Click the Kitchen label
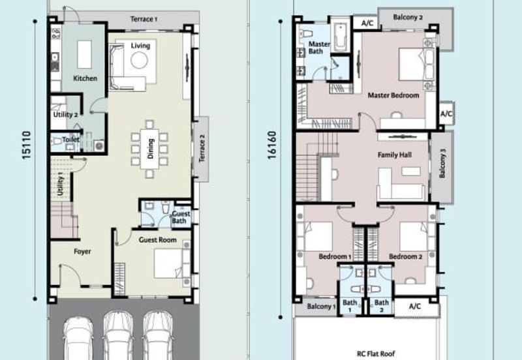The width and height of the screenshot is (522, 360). [x=85, y=78]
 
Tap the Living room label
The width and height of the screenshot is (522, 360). [x=140, y=46]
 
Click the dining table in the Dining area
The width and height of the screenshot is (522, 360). [x=149, y=148]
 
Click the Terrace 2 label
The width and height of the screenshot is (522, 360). [x=202, y=150]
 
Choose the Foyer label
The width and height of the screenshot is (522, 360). [x=82, y=251]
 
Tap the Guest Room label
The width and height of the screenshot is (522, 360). [x=158, y=240]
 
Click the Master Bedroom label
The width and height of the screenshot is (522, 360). [x=393, y=95]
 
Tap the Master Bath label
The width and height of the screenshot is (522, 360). [x=319, y=48]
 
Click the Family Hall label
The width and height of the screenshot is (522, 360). [x=395, y=155]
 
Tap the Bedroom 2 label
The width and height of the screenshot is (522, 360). [x=406, y=257]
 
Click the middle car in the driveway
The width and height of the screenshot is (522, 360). [x=118, y=335]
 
